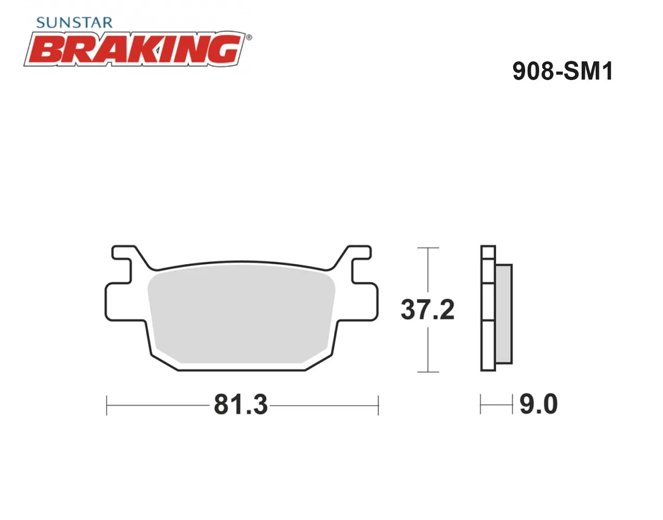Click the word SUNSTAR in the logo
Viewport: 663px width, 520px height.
tap(74, 23)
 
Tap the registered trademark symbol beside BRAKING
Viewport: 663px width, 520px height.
tap(249, 37)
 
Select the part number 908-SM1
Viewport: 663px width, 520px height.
tap(563, 71)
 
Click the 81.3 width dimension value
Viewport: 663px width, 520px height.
tap(241, 405)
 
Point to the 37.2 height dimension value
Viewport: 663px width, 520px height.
tap(427, 310)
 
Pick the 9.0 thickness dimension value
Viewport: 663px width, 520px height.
tap(539, 404)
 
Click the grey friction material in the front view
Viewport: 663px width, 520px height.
tap(241, 314)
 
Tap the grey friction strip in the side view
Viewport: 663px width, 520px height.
tap(503, 314)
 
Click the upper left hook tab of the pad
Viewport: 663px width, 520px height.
tap(122, 253)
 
